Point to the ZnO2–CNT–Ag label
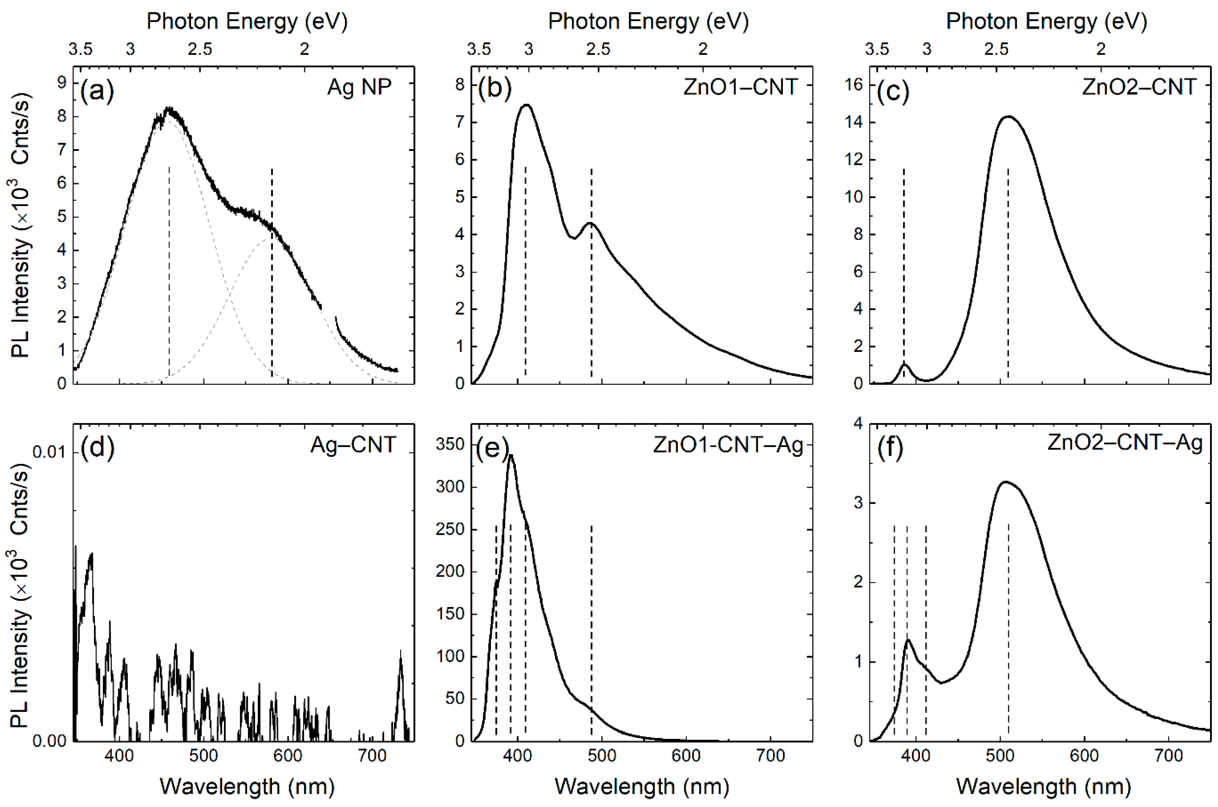1125,443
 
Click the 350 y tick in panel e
450,444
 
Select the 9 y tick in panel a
62,82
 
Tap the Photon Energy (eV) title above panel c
1046,22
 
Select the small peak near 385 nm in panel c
904,364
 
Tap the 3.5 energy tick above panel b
479,50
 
